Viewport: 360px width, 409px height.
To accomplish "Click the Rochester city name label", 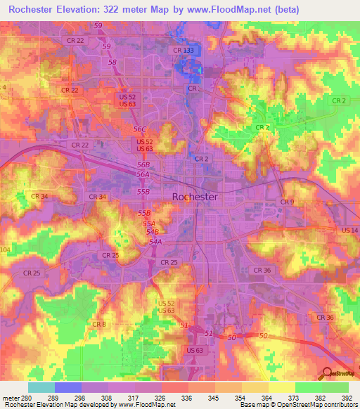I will point(195,197).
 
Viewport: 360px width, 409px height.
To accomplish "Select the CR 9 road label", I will point(287,202).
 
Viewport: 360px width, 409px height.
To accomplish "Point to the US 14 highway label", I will point(349,231).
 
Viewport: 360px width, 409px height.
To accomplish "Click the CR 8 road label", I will point(99,324).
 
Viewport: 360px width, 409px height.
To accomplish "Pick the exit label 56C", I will point(140,129).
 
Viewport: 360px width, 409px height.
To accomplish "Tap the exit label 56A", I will point(143,174).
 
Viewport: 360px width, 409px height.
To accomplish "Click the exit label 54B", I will point(152,232).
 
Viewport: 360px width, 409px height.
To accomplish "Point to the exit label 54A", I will point(155,242).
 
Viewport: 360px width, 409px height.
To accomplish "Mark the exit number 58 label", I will point(112,63).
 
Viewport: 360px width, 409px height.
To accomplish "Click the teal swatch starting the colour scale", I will point(41,387).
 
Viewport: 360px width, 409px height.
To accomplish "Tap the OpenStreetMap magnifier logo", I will point(327,373).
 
